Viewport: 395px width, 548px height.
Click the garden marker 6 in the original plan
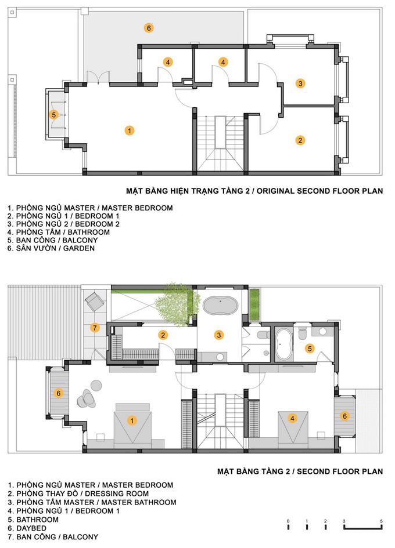pyautogui.click(x=149, y=28)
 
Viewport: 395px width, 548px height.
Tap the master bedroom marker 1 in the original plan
pyautogui.click(x=130, y=130)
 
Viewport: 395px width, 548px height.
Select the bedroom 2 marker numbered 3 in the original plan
pyautogui.click(x=300, y=84)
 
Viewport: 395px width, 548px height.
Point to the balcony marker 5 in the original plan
pyautogui.click(x=53, y=115)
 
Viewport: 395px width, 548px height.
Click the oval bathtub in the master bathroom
pyautogui.click(x=221, y=306)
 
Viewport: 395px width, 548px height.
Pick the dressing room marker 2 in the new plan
pyautogui.click(x=163, y=335)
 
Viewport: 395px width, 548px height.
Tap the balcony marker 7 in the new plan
pyautogui.click(x=95, y=328)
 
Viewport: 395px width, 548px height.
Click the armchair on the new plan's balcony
pyautogui.click(x=94, y=301)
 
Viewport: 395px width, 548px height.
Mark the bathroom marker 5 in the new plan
pyautogui.click(x=310, y=348)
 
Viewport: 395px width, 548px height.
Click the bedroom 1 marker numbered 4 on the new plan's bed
pyautogui.click(x=292, y=418)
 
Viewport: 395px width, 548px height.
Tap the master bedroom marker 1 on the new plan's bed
pyautogui.click(x=132, y=420)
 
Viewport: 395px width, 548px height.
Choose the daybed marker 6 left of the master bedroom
pyautogui.click(x=59, y=393)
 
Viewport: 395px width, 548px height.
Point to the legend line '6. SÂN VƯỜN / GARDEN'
pyautogui.click(x=51, y=248)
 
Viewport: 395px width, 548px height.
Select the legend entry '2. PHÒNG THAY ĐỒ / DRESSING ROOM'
pyautogui.click(x=78, y=493)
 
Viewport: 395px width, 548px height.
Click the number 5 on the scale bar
pyautogui.click(x=381, y=521)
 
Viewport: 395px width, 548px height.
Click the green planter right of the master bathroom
pyautogui.click(x=254, y=304)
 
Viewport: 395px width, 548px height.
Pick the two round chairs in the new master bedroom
pyautogui.click(x=91, y=394)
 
